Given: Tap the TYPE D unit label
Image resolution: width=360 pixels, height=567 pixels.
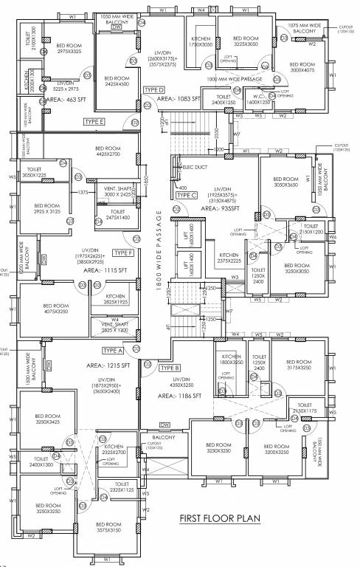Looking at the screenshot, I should click(x=153, y=89).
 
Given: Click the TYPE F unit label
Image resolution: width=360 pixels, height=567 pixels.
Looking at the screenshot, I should click(x=123, y=252).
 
